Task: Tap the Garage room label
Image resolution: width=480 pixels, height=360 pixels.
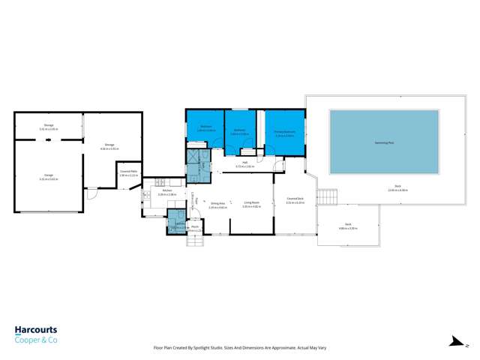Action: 48,177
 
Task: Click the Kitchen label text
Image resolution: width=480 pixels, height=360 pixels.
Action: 166,191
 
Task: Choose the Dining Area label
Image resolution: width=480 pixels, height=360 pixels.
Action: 218,204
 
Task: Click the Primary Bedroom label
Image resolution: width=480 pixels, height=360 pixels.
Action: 284,135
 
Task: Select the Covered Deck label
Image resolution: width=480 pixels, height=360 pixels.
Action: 295,200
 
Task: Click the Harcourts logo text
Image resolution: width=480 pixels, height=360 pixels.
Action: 36,330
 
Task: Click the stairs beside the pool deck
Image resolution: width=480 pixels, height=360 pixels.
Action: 327,196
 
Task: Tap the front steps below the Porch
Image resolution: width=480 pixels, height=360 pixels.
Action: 194,241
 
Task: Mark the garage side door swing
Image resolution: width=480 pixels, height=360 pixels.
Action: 91,194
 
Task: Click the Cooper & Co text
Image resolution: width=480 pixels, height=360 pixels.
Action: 36,340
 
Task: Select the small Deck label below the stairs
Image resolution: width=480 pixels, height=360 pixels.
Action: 348,225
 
